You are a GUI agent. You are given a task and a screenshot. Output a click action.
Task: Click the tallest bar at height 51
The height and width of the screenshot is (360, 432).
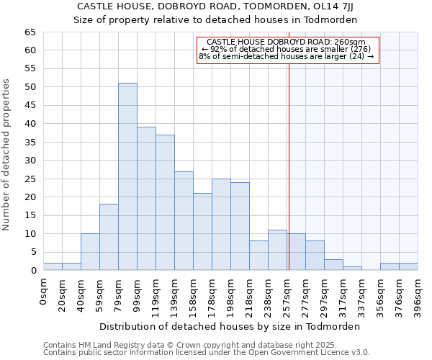(127, 176)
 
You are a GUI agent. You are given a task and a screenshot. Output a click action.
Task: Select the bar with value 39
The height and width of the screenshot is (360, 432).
(146, 199)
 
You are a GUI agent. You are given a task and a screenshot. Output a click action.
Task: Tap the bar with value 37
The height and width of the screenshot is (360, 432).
(165, 202)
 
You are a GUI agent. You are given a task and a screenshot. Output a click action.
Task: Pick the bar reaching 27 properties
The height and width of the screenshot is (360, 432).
(184, 220)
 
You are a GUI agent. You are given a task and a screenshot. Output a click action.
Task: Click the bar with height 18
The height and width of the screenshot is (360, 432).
(109, 237)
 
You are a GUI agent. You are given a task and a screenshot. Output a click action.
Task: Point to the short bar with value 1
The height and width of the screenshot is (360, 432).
(352, 269)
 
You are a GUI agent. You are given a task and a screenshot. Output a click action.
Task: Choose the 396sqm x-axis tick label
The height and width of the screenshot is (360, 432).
(418, 292)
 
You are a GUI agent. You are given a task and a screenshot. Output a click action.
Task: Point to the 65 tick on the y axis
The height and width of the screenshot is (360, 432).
(30, 32)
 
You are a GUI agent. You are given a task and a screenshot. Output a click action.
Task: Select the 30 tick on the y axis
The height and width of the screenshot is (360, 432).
(30, 161)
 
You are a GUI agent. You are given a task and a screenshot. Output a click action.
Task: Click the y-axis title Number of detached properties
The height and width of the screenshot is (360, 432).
(7, 155)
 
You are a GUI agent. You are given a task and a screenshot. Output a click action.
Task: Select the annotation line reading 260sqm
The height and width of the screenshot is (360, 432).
(287, 42)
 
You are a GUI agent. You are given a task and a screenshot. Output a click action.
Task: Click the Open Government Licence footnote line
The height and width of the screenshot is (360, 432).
(207, 353)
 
